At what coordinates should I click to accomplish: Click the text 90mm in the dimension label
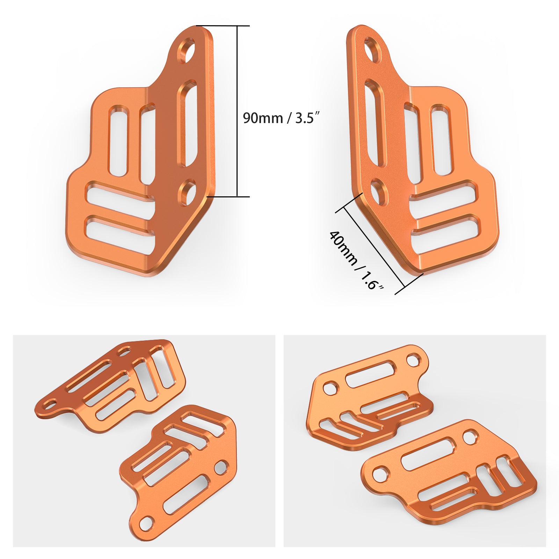point(263,118)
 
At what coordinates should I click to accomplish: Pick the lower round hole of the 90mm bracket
point(188,192)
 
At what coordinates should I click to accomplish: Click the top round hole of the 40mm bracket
point(373,51)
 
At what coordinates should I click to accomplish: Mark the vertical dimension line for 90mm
point(238,111)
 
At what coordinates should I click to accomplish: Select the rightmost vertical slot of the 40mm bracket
point(441,139)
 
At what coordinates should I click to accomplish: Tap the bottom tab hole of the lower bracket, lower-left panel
point(146,523)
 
